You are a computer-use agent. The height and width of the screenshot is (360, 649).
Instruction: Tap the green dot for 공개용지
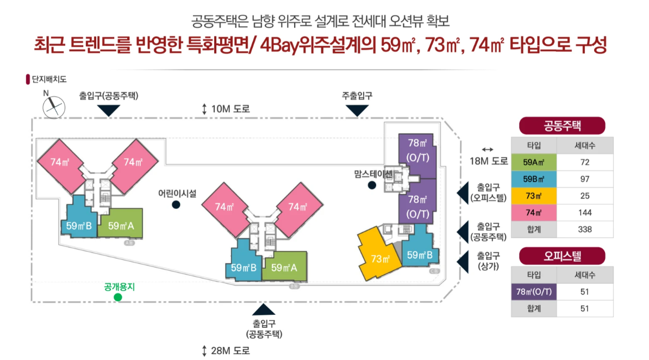[117, 296]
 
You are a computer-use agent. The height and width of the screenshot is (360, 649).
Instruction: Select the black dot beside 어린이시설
[176, 204]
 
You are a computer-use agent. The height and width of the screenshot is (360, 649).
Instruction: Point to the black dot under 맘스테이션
[372, 185]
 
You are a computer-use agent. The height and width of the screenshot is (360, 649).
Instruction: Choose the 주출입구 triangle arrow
[357, 110]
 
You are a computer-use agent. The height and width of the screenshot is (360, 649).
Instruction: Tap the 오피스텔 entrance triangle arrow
[463, 194]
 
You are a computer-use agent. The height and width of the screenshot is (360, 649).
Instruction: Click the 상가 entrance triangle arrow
[463, 263]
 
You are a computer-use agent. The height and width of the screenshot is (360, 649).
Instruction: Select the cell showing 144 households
[585, 213]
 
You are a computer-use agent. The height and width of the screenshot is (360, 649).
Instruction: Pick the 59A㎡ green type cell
[534, 163]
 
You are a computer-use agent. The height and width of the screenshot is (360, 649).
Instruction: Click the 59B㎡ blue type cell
[534, 179]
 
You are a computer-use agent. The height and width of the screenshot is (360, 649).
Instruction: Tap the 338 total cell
[585, 229]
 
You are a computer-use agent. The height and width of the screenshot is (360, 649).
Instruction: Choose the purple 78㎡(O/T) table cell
[534, 293]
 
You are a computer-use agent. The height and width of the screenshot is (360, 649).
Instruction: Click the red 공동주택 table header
[562, 126]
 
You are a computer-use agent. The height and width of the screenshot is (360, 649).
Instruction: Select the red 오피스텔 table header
[562, 256]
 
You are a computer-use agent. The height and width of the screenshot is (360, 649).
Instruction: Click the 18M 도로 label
[488, 160]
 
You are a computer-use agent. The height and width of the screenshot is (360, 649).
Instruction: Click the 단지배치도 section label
[48, 79]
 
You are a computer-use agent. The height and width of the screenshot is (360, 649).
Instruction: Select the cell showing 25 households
[585, 196]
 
